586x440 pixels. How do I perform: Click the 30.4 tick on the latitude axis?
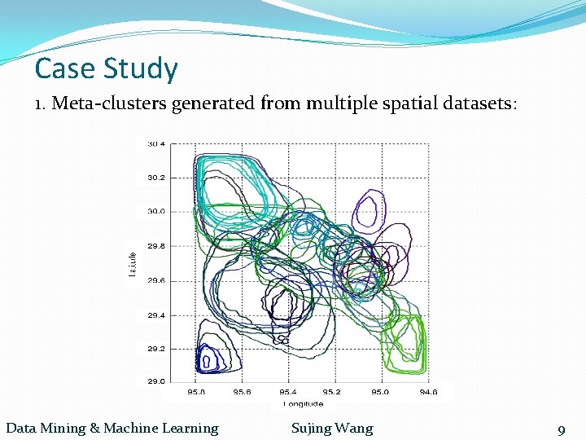point(155,144)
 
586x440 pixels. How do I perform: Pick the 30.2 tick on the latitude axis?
point(155,177)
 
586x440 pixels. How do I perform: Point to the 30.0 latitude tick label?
point(155,211)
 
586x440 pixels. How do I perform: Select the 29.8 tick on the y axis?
point(155,246)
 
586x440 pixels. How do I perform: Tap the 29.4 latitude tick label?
point(155,315)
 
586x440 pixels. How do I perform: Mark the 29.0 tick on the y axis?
point(155,381)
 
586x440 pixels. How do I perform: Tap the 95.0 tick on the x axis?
point(381,392)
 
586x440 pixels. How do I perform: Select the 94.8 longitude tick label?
point(428,392)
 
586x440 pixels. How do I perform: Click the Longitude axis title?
point(304,403)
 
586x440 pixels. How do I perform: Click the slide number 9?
point(561,430)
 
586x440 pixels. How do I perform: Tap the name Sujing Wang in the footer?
point(332,429)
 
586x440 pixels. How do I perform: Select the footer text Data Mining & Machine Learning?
point(112,429)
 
